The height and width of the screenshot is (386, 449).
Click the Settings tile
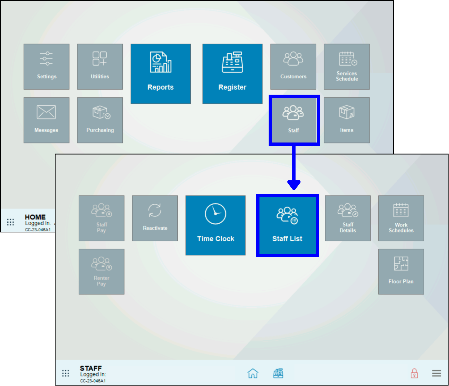pyautogui.click(x=46, y=67)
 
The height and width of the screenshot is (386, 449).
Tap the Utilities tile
pyautogui.click(x=100, y=67)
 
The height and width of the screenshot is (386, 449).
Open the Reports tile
pyautogui.click(x=160, y=74)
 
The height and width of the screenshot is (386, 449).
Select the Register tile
pyautogui.click(x=232, y=74)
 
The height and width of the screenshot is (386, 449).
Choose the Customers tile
pyautogui.click(x=293, y=67)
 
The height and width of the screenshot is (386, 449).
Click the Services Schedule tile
pyautogui.click(x=347, y=67)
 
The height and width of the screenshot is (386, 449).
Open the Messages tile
pyautogui.click(x=46, y=120)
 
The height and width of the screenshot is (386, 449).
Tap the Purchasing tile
pyautogui.click(x=100, y=120)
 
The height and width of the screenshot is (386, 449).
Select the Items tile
pyautogui.click(x=347, y=120)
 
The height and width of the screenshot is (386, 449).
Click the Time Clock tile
pyautogui.click(x=215, y=225)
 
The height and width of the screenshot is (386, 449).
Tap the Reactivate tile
pyautogui.click(x=155, y=218)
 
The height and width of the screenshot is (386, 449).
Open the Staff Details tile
pyautogui.click(x=348, y=218)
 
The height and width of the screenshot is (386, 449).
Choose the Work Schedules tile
pyautogui.click(x=401, y=218)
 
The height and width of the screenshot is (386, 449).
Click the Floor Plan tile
pyautogui.click(x=401, y=272)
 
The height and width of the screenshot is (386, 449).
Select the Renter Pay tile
pyautogui.click(x=101, y=272)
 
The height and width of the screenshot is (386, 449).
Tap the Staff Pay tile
pyautogui.click(x=101, y=218)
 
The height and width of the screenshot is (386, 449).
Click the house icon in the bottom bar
pyautogui.click(x=253, y=373)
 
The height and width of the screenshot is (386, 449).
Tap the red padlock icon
pyautogui.click(x=414, y=373)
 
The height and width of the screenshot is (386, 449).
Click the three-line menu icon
pyautogui.click(x=437, y=373)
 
